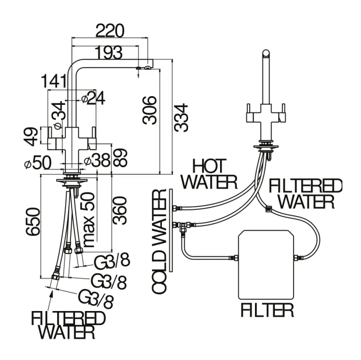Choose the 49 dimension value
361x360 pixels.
(x=33, y=135)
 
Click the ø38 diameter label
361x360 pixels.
(x=96, y=159)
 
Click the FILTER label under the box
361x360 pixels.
(x=267, y=310)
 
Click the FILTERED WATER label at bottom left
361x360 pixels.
(x=68, y=325)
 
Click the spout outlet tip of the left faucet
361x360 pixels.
(x=139, y=69)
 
